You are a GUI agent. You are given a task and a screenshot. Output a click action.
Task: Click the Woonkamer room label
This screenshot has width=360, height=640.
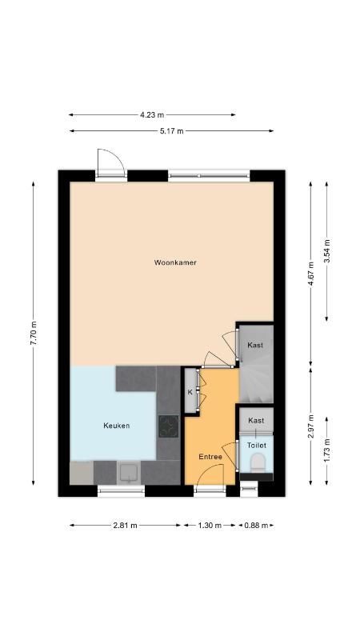175,262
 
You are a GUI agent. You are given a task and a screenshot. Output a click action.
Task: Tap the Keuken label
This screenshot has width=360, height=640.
116,426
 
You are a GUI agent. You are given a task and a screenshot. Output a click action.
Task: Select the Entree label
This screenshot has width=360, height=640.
210,457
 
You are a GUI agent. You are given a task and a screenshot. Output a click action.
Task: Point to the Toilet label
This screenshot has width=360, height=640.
257,446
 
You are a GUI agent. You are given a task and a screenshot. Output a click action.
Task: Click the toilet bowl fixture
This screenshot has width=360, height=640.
258,463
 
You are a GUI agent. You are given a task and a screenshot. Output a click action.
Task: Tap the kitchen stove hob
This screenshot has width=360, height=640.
168,426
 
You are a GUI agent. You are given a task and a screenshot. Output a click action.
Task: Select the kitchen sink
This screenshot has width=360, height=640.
129,473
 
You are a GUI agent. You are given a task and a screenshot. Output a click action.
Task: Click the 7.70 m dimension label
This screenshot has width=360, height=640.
34,333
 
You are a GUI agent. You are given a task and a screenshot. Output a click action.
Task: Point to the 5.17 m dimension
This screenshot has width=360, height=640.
172,131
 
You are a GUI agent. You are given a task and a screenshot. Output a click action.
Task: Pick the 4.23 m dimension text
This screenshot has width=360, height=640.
152,115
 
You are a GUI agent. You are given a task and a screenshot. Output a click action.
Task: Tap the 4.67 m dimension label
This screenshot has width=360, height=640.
310,274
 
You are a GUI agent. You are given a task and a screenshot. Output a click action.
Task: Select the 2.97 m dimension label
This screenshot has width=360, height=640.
310,426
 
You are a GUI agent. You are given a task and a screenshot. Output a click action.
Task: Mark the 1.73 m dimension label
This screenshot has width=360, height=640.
326,450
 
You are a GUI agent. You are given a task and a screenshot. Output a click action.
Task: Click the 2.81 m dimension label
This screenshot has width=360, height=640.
126,526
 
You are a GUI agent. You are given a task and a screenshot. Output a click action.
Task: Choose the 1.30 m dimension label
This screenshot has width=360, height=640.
210,526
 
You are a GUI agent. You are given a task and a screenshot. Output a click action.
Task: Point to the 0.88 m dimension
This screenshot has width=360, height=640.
256,526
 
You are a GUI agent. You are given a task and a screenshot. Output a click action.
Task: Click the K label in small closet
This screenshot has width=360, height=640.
190,392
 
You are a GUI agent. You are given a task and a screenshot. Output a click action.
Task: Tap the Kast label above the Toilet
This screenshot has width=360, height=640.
256,421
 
